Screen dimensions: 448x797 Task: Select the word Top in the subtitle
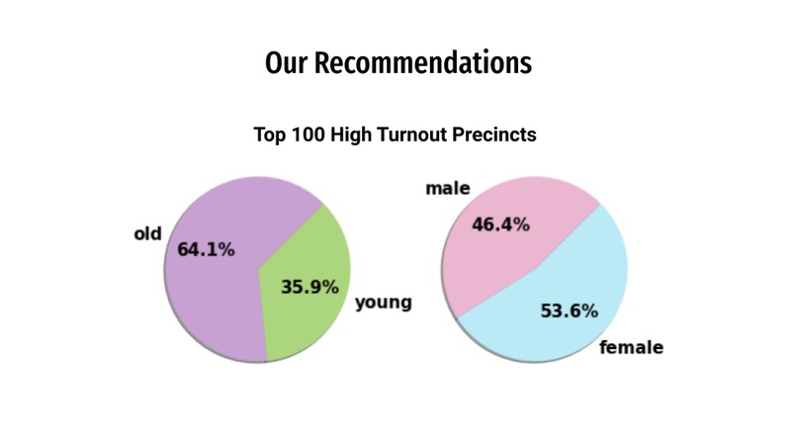click(270, 134)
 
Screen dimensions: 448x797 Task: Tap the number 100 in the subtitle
click(310, 134)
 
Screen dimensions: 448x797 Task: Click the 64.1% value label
click(206, 250)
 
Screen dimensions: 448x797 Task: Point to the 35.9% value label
click(310, 287)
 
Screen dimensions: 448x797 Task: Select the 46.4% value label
click(500, 224)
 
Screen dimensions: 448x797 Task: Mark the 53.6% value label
click(569, 312)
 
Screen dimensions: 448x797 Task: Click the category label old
click(147, 234)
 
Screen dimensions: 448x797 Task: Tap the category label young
click(383, 303)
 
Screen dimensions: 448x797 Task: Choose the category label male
click(447, 188)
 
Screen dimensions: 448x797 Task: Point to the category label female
click(631, 347)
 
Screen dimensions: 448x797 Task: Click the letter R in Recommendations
click(329, 63)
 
